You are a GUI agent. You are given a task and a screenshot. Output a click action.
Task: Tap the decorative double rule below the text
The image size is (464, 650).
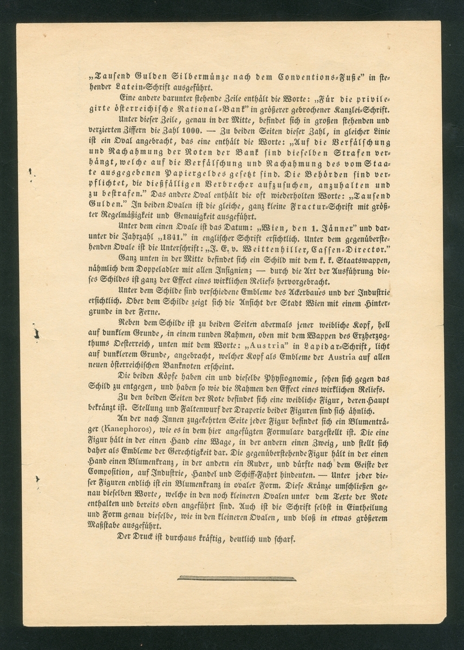[x=237, y=578]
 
